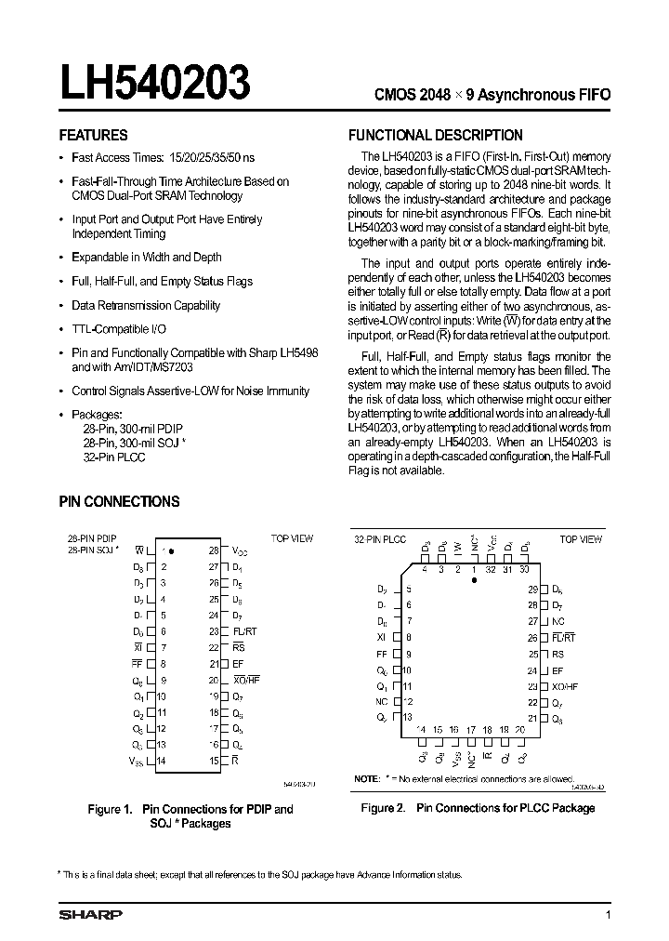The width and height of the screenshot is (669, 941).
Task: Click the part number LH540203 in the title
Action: [x=155, y=84]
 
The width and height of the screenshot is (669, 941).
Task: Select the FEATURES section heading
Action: [x=94, y=135]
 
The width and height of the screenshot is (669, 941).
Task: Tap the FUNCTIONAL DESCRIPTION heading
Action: [x=435, y=135]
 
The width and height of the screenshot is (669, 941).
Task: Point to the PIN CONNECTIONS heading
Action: [x=119, y=501]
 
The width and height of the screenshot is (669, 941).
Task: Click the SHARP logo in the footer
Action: [x=90, y=915]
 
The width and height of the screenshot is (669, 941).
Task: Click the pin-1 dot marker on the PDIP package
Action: [x=171, y=551]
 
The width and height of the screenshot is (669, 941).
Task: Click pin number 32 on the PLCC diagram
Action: [x=491, y=569]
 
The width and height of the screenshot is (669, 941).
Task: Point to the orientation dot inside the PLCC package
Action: [x=475, y=579]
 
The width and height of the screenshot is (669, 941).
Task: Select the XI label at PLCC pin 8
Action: [x=382, y=638]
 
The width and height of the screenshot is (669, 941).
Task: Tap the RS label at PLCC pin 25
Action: [x=557, y=654]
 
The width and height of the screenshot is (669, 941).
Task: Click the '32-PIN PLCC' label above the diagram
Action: [x=380, y=539]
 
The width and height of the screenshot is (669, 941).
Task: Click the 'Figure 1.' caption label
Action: [x=111, y=809]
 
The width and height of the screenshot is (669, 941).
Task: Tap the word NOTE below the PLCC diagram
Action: [x=366, y=777]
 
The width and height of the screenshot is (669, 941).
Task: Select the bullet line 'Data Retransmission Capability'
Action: [x=146, y=305]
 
